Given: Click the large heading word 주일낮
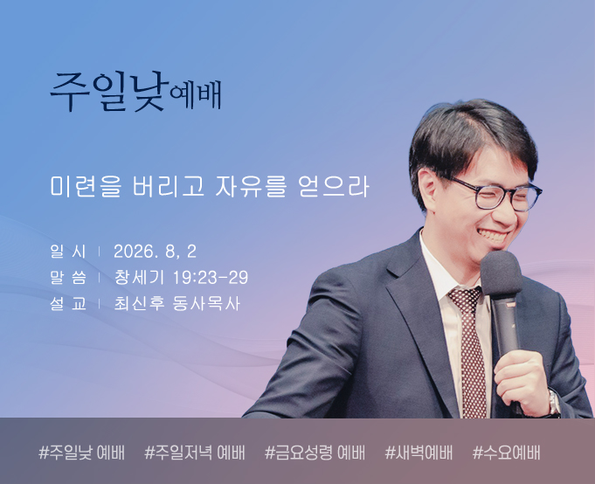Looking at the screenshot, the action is point(109,92).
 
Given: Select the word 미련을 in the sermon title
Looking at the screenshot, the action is point(86,186).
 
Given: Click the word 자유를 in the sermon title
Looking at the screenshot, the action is point(250,186).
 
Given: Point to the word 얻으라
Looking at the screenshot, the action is point(334,186).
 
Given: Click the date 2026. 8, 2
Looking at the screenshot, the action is point(155,252).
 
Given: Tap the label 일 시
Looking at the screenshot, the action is point(68,252).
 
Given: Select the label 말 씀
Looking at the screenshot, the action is point(68,277).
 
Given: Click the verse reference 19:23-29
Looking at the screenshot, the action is point(211,278).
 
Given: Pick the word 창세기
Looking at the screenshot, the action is point(139,277).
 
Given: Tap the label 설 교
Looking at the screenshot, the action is point(68,303).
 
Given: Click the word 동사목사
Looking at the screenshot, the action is point(206,303).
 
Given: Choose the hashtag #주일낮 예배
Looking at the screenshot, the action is point(81,453).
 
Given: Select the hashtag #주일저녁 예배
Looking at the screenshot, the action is point(195,453).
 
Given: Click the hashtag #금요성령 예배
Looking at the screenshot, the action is point(315,453).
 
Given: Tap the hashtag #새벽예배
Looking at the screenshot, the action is point(419,453).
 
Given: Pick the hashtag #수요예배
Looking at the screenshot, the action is point(506,453).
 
